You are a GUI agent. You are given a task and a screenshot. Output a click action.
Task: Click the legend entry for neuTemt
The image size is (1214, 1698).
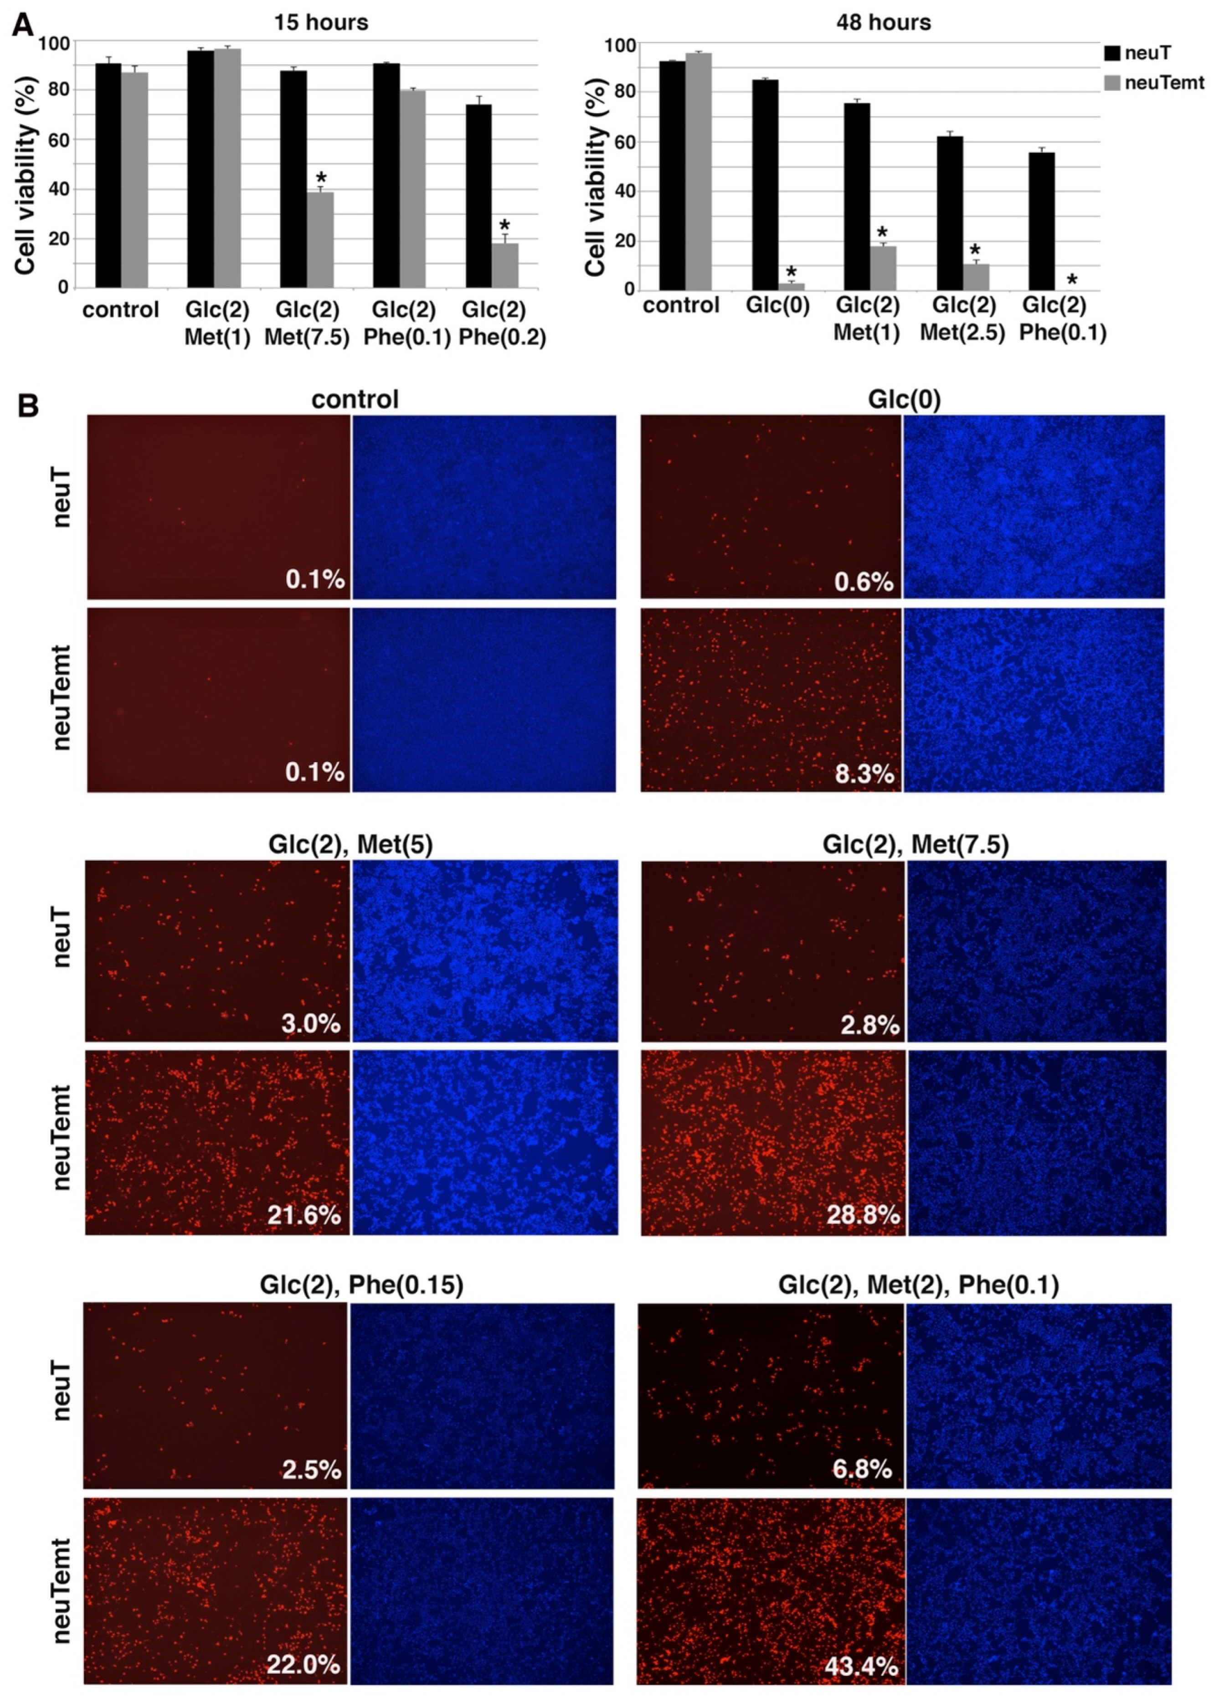1164,82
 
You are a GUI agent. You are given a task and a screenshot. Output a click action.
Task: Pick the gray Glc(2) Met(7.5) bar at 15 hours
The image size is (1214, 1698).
320,239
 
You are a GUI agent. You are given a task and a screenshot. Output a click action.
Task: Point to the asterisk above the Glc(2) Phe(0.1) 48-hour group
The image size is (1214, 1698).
1072,281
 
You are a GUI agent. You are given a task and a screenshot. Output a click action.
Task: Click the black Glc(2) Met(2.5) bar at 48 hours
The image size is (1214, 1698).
949,213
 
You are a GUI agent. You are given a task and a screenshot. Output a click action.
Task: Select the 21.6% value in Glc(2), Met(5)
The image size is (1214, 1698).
303,1215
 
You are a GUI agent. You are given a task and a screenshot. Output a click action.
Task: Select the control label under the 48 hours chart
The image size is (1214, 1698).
681,305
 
